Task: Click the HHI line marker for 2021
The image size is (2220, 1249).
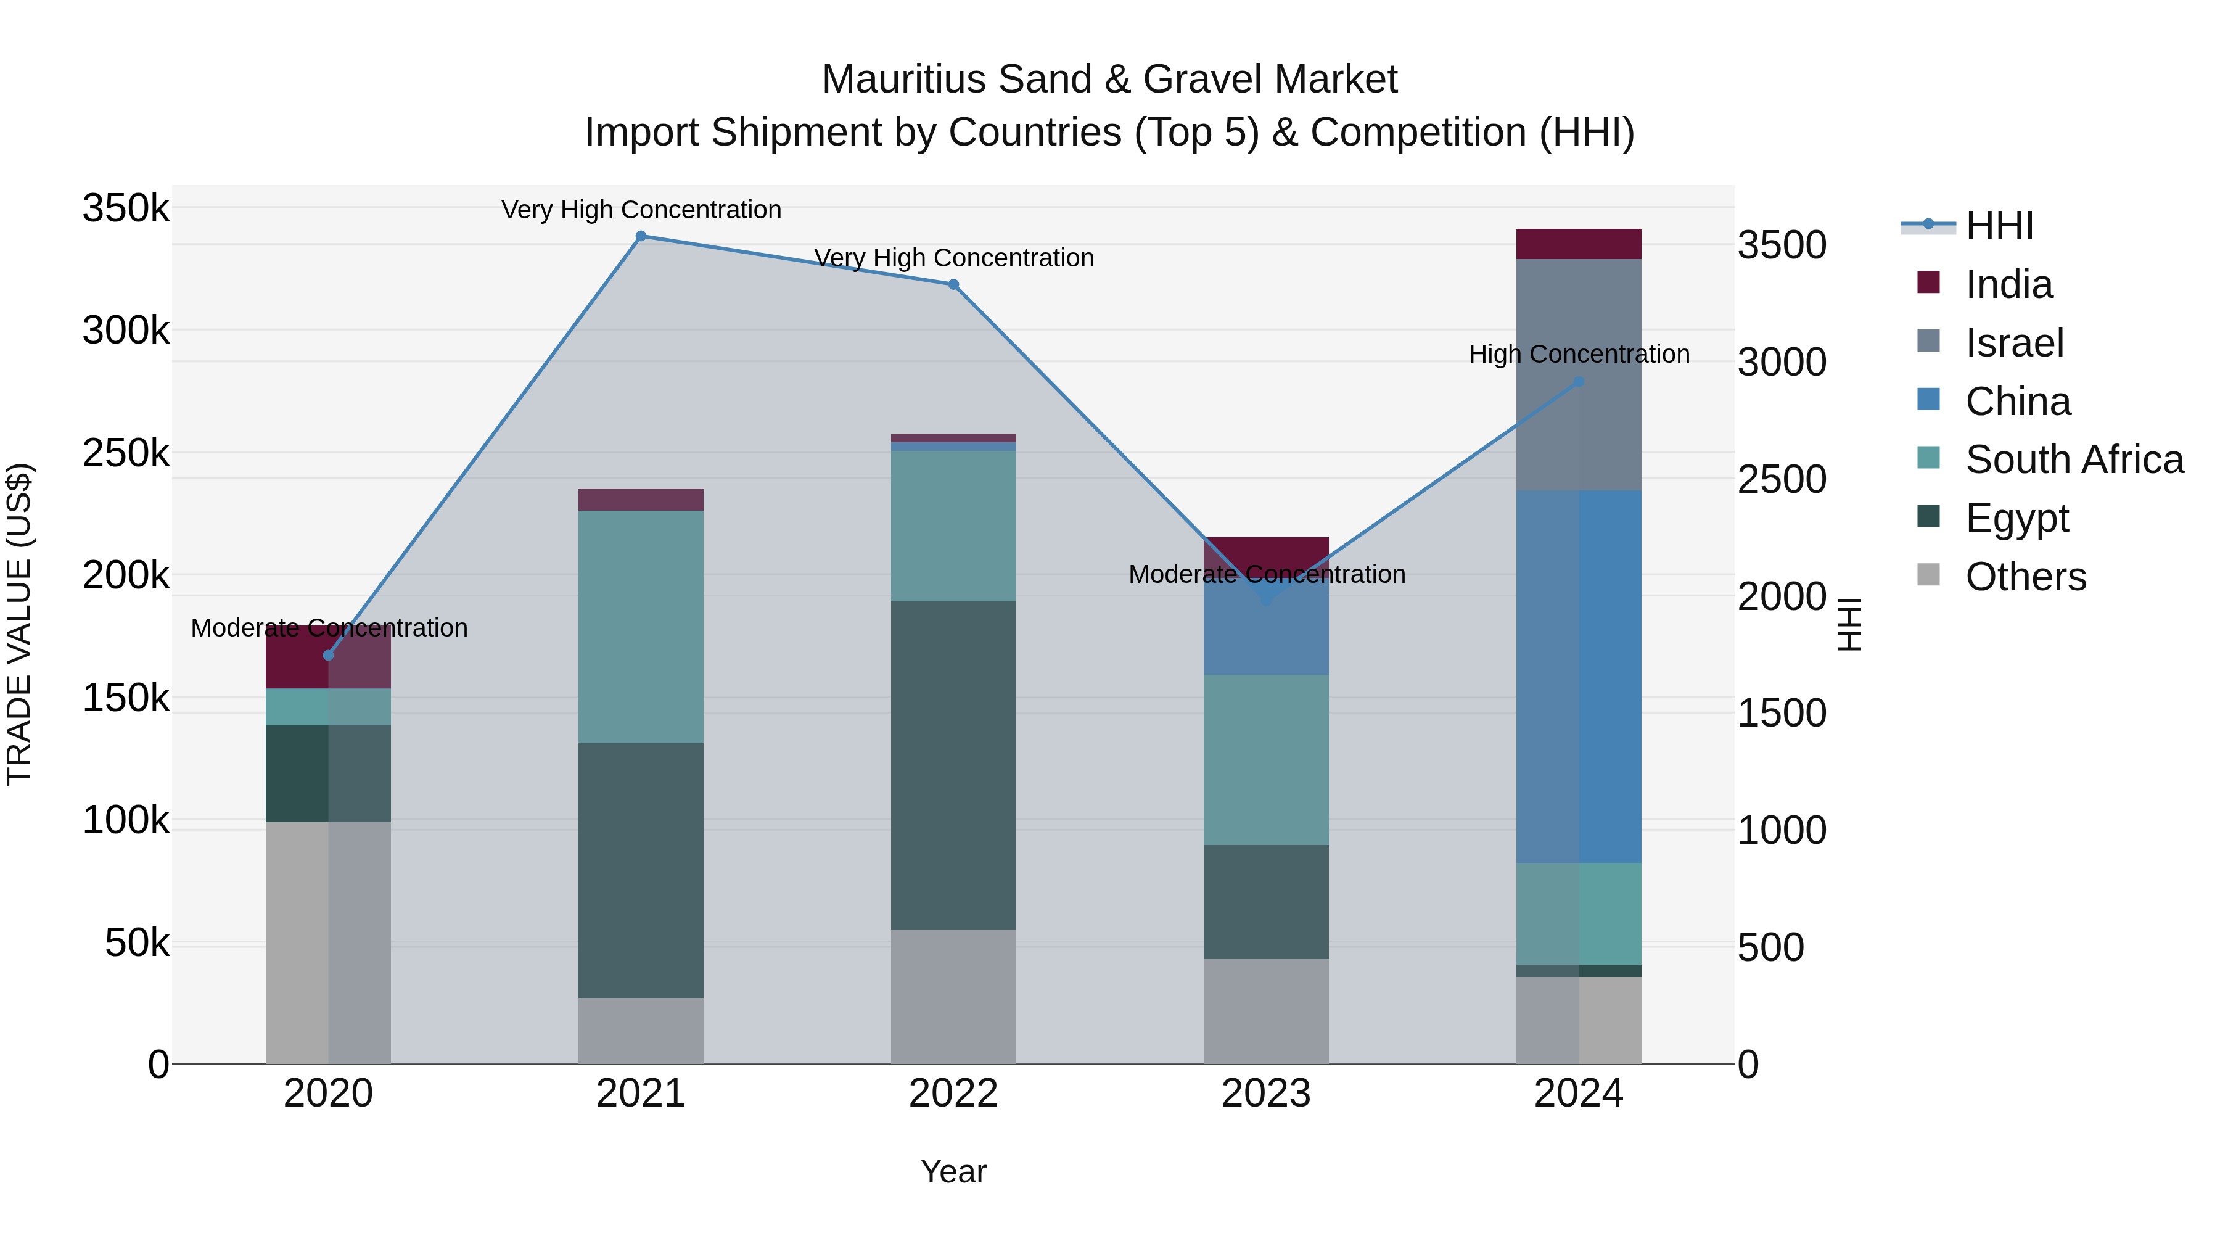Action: tap(640, 236)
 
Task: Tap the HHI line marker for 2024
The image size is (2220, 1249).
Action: tap(1578, 382)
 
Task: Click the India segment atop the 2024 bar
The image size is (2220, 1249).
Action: tap(1578, 244)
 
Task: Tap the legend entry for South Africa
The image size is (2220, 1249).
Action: tap(2073, 460)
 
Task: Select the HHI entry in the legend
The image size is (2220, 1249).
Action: tap(1999, 226)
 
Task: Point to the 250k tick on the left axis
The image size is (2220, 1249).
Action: tap(126, 453)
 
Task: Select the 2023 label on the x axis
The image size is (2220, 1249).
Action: tap(1265, 1094)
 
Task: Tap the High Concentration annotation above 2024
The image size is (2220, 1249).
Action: tap(1578, 354)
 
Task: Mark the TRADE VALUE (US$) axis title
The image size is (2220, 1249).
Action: tap(19, 624)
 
